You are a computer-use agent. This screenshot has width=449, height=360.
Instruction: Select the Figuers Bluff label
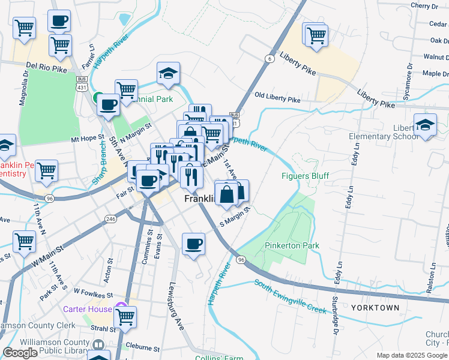pos(306,176)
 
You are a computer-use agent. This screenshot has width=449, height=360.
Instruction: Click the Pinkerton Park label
pos(292,245)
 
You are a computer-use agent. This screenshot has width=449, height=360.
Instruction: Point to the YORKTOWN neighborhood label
pos(375,308)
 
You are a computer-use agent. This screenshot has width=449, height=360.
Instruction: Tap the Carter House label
pos(88,309)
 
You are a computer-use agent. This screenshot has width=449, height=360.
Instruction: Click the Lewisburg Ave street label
pos(176,306)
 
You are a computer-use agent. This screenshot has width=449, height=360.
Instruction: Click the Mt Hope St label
pos(87,138)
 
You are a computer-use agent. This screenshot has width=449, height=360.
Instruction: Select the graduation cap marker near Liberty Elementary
pos(425,126)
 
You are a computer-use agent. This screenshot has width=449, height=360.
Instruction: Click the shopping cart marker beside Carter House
pos(125,318)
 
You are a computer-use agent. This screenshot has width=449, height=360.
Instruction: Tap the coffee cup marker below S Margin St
pos(193,244)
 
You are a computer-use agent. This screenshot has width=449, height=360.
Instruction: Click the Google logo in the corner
pos(20,353)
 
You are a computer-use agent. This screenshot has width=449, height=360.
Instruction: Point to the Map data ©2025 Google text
pos(412,355)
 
